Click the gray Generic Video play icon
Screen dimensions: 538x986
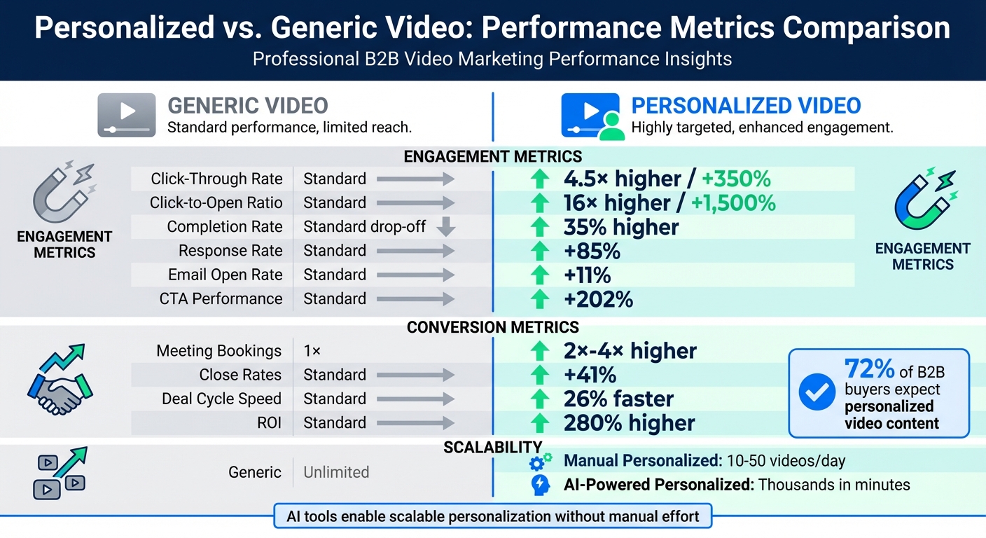pos(126,114)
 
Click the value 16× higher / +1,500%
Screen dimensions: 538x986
pos(669,203)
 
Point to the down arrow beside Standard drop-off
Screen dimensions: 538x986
pos(445,227)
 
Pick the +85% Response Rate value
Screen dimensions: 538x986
pos(592,251)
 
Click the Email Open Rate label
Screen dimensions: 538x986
pos(225,275)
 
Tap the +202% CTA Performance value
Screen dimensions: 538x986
pos(598,299)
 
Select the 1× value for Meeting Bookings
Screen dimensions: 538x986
pos(312,351)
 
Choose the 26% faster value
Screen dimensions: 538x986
pos(618,399)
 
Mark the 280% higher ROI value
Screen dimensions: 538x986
pos(629,423)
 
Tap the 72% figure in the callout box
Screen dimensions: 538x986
pos(870,368)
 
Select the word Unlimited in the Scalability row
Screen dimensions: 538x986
pos(336,472)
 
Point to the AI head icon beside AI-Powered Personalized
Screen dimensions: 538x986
pos(540,485)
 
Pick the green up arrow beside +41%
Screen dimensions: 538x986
pos(539,375)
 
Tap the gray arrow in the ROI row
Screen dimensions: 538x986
pos(415,423)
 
